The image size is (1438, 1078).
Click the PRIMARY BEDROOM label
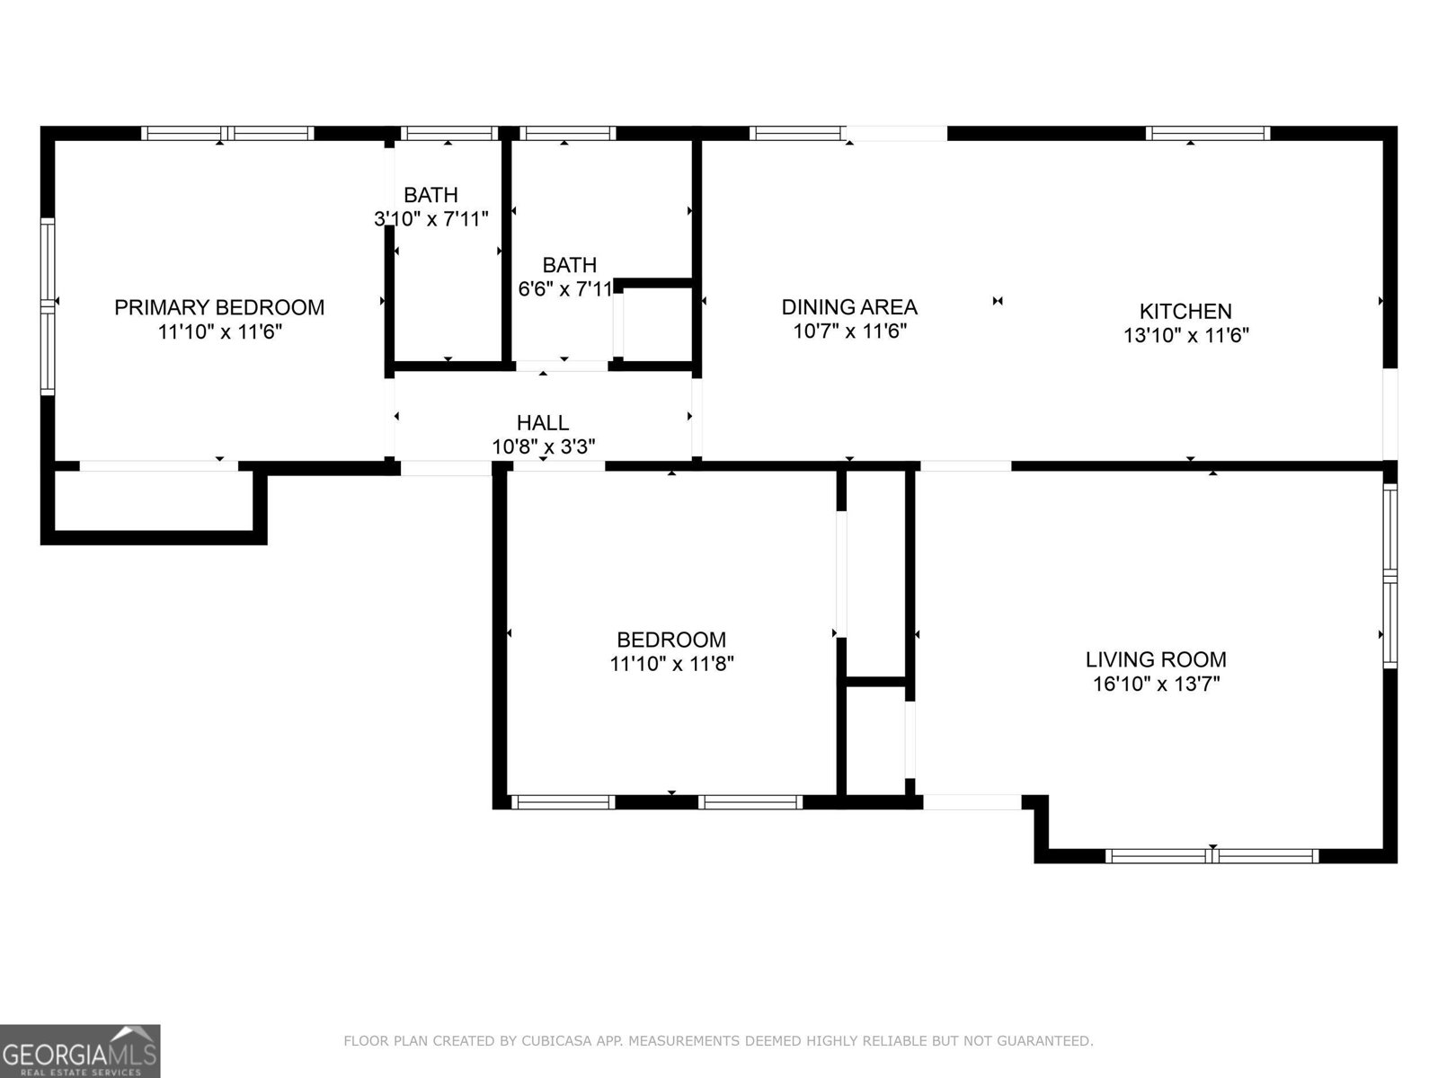219,307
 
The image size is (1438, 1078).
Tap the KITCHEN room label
1185,312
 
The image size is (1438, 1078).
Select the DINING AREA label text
849,307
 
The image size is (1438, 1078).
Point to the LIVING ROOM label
1157,659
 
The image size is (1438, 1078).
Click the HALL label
543,423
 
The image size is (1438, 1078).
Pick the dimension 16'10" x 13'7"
1157,684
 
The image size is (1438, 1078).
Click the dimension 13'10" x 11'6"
1186,336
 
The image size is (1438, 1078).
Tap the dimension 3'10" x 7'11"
431,218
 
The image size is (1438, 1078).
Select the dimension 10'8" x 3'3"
544,447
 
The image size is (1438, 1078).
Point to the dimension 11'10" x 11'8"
671,665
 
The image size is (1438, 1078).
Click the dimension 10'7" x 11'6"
849,331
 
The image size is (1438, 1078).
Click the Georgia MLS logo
80,1050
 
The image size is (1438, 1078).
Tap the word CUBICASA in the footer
555,1040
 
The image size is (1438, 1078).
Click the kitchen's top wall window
1207,134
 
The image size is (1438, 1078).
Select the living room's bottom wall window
1212,856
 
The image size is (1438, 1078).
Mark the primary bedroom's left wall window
48,307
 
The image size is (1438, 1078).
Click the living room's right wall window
1390,576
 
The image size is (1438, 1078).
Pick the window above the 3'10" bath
449,134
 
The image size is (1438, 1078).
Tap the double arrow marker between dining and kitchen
998,301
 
